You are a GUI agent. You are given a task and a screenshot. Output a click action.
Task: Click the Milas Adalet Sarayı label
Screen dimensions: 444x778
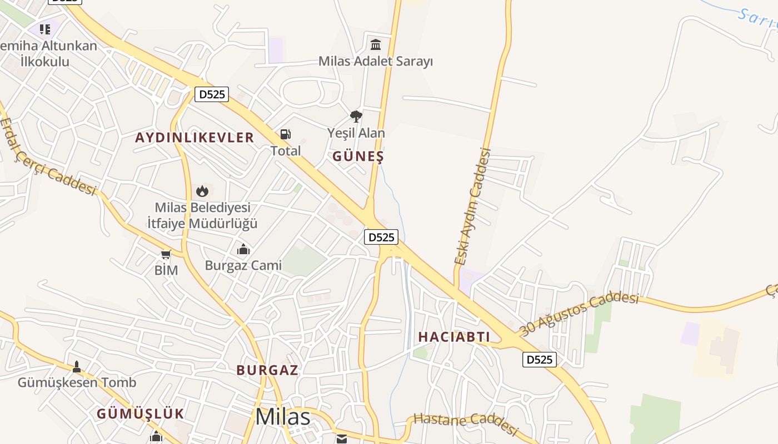tap(375, 61)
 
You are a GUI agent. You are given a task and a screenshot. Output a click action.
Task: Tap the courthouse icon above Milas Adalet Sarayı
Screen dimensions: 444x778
tap(376, 44)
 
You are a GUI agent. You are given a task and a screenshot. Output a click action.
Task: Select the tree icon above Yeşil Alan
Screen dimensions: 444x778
tap(356, 117)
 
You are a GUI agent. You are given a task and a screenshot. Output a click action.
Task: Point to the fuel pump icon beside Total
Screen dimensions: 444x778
tap(286, 134)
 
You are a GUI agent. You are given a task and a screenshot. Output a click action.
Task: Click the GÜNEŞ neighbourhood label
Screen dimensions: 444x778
tap(358, 157)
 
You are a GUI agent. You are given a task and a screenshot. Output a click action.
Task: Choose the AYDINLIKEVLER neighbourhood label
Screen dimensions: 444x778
tap(194, 138)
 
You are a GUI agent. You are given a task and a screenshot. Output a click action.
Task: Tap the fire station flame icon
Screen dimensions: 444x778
tap(202, 191)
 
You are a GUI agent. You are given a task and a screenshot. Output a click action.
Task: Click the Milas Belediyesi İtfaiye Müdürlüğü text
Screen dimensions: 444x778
tap(202, 215)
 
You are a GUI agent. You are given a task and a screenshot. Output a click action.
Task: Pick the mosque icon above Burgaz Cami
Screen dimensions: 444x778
tap(243, 249)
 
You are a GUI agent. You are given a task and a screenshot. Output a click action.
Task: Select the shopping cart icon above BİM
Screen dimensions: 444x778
tap(166, 255)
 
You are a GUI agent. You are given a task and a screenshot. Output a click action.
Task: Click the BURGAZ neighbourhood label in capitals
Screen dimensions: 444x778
tap(267, 370)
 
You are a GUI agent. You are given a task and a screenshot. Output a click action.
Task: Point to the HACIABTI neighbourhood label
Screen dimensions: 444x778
tap(454, 337)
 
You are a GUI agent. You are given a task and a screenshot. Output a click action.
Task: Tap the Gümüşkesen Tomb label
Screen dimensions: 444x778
tap(77, 382)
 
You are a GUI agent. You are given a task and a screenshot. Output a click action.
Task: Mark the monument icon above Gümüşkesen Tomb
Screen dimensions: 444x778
tap(77, 366)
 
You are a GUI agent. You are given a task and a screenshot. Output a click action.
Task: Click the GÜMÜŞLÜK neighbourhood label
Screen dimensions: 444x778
tap(140, 413)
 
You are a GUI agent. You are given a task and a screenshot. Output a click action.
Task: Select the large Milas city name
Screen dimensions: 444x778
tap(283, 417)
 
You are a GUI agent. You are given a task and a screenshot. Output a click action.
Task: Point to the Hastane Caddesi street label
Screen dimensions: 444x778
tap(466, 423)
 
